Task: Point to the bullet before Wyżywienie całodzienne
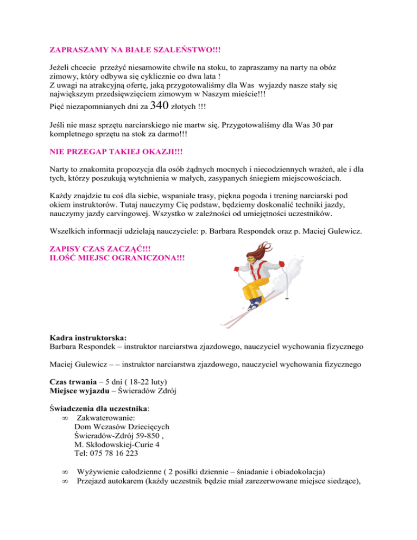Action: coord(66,474)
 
